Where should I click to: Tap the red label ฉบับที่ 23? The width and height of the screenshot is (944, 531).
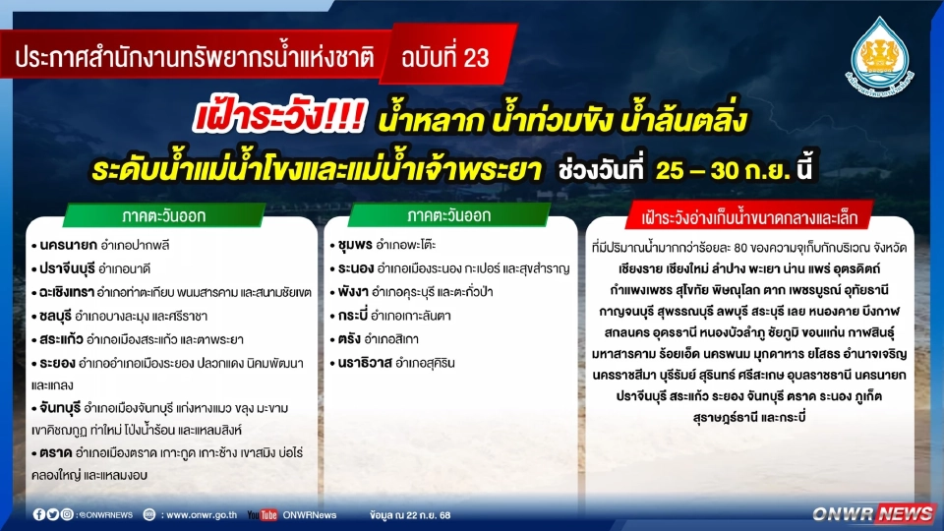pos(444,57)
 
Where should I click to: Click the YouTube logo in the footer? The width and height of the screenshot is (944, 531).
pos(262,514)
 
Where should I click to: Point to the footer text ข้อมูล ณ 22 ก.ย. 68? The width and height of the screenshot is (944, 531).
pos(410,514)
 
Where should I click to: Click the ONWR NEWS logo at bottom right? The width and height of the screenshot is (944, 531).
pos(872,513)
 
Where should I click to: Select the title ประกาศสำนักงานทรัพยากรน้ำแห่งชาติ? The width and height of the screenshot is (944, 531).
pos(195,57)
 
